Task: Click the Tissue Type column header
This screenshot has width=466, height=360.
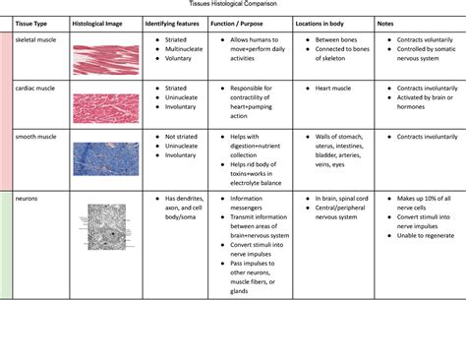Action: tap(33, 22)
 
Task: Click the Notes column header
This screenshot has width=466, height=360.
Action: tap(385, 22)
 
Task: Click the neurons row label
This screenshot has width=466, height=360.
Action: tap(28, 198)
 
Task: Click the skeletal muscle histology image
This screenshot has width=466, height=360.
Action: tap(105, 60)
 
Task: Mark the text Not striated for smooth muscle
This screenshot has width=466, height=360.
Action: tap(181, 137)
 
